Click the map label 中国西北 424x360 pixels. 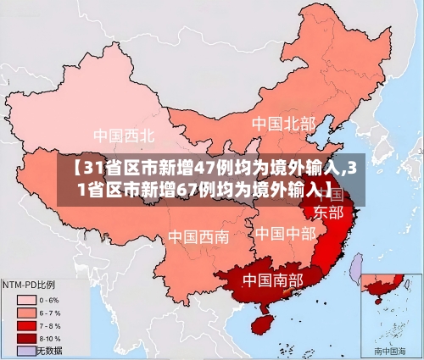click(x=124, y=135)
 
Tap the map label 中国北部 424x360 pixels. click(x=282, y=124)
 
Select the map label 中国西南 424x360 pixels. click(x=198, y=236)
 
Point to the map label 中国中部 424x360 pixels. click(x=286, y=233)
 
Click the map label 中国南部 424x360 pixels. click(x=274, y=279)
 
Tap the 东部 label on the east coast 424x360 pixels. click(x=328, y=212)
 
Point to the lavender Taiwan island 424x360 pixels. click(x=357, y=269)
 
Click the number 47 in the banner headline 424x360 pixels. click(x=208, y=166)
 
